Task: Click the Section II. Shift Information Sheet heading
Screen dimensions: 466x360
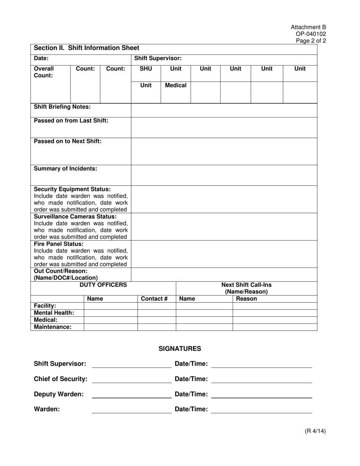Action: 86,48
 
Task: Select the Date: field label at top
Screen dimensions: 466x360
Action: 41,58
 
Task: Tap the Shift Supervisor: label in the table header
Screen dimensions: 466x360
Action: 158,58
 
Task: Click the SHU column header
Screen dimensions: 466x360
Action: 146,69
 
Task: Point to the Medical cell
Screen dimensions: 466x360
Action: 175,86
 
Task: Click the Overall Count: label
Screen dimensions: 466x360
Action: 44,72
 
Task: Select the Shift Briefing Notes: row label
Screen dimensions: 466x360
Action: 63,107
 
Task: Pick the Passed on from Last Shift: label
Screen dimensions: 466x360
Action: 71,120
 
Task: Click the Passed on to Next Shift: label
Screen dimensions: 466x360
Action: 68,141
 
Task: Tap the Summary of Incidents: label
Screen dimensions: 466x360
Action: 66,169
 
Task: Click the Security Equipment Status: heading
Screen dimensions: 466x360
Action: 72,189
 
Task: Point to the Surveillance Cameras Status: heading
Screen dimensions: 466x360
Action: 75,216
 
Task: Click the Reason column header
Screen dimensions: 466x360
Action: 246,299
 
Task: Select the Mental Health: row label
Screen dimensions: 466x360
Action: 54,313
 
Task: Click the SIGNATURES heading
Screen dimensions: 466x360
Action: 180,349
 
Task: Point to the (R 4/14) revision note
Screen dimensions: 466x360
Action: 315,431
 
